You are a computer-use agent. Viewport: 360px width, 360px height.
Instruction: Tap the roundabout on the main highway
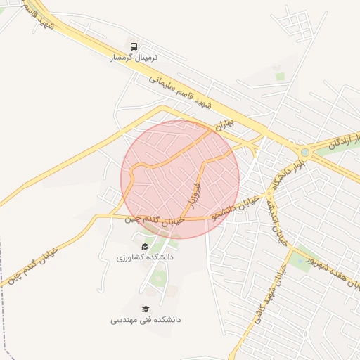305,153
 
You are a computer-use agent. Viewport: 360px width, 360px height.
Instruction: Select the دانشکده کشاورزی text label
145,258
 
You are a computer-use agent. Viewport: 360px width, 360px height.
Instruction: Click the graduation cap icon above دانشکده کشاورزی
145,246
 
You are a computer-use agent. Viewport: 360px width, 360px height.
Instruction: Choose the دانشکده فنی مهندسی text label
146,320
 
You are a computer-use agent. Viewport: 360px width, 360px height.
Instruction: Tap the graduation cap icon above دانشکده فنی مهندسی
146,309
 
